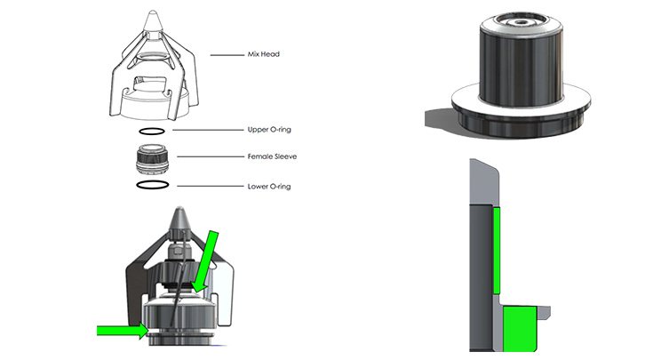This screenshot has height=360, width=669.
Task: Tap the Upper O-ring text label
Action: (269, 130)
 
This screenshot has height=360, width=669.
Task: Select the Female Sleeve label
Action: (271, 156)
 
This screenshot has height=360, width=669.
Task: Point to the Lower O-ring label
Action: (269, 187)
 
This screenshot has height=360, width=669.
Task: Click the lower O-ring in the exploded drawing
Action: (152, 185)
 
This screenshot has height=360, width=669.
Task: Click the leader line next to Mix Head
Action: (226, 55)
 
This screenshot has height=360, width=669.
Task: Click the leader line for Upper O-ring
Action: (208, 130)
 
